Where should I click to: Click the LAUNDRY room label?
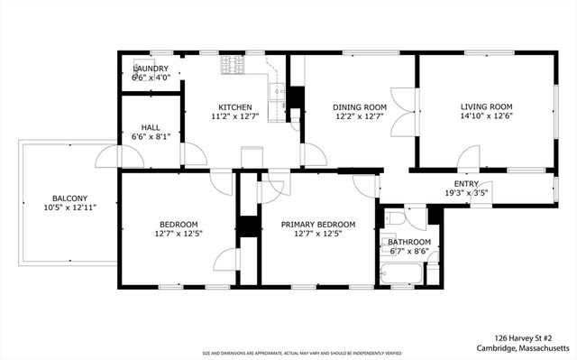tap(151, 69)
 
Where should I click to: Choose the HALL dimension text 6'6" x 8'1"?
tap(151, 136)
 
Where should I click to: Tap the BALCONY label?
tap(69, 198)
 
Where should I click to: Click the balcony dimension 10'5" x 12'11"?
tap(69, 208)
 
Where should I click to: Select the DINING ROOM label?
tap(360, 106)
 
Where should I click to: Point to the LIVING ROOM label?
tap(486, 106)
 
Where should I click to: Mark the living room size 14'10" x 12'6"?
tap(486, 116)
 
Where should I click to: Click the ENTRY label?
tap(466, 183)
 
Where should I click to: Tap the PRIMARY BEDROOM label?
tap(317, 225)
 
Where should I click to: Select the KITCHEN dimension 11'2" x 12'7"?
tap(234, 116)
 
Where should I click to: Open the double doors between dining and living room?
tap(403, 112)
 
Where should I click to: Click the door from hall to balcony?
tap(109, 158)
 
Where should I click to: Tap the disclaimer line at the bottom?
tap(288, 353)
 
